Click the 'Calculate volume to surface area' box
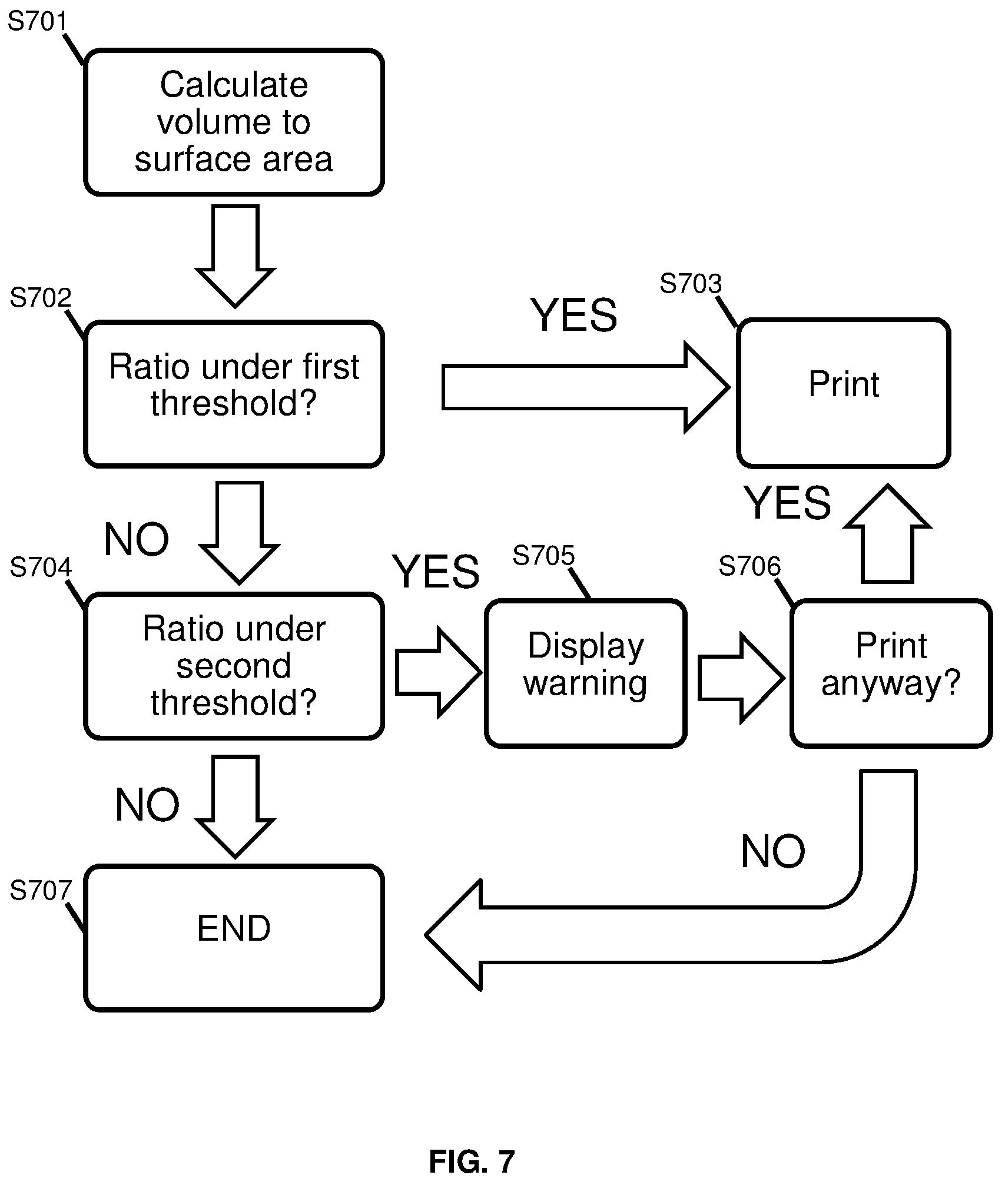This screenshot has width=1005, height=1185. tap(234, 122)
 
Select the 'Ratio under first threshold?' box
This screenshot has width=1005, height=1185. tap(234, 394)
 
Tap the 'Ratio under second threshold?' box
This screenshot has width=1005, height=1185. tap(234, 666)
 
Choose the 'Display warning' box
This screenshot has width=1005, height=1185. tap(586, 673)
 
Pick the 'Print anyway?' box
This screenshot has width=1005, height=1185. tap(891, 673)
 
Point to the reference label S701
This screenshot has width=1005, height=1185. tap(38, 22)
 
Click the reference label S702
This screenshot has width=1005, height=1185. tap(40, 298)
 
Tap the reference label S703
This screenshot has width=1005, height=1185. tap(690, 284)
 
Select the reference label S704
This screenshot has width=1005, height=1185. tap(40, 567)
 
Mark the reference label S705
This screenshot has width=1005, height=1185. tap(543, 555)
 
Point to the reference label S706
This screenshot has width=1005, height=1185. tap(749, 567)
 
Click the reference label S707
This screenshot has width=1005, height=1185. tap(40, 891)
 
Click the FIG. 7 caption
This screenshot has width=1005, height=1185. tap(472, 1161)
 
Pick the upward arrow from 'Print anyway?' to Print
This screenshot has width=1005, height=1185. tap(887, 533)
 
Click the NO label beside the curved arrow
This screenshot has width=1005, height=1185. tap(772, 852)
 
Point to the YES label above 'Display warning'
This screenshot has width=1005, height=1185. tap(436, 572)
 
